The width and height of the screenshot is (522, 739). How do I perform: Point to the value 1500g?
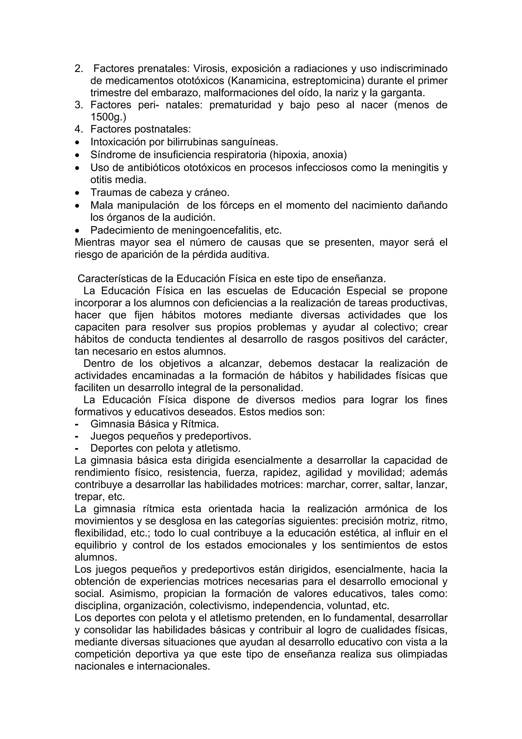point(107,117)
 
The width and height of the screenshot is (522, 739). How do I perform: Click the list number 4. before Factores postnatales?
point(79,129)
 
